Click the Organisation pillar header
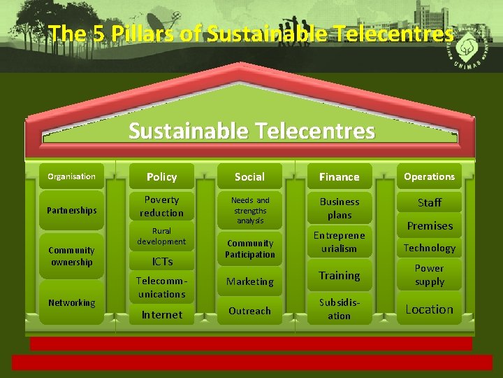(71, 176)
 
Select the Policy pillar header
(161, 177)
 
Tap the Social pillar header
(249, 177)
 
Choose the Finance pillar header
(339, 177)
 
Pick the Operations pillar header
(429, 176)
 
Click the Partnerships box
(71, 210)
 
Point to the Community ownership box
(71, 256)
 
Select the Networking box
(71, 302)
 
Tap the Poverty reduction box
(161, 206)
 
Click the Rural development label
(161, 236)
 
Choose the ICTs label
(162, 261)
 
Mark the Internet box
(161, 315)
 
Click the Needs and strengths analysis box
(250, 210)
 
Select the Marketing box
(250, 281)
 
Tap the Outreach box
(250, 311)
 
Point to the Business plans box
(339, 208)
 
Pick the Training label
(340, 276)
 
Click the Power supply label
(429, 275)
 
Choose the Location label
(429, 309)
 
